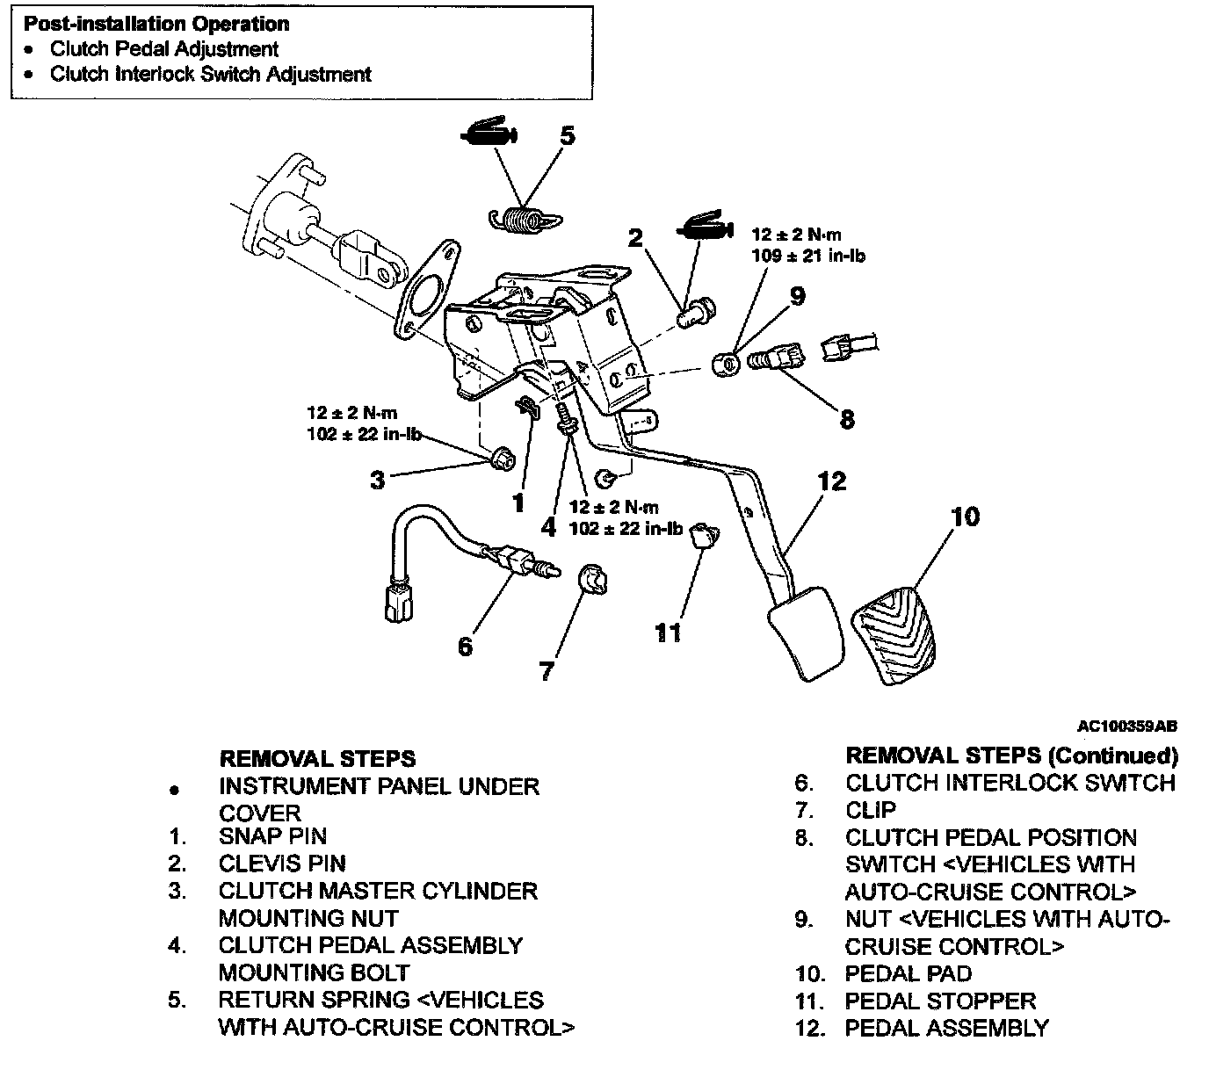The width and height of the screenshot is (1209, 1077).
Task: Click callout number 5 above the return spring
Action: [x=567, y=136]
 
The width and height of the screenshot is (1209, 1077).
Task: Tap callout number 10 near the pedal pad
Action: [x=965, y=516]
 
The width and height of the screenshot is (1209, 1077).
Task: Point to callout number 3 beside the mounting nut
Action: [x=378, y=480]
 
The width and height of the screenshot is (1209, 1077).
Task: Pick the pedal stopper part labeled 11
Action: [x=702, y=534]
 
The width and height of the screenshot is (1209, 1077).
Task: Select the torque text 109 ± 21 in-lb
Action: [x=807, y=256]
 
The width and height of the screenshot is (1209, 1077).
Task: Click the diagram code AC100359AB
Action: [x=1127, y=726]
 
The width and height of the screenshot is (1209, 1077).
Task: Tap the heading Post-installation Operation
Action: [x=156, y=25]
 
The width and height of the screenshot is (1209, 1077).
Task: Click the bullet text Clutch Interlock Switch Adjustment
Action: [x=211, y=75]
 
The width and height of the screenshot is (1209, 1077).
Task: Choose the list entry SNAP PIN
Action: [x=272, y=836]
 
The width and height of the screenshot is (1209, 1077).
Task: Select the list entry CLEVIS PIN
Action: [x=282, y=864]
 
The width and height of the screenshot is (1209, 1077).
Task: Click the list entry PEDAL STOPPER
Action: [x=940, y=1001]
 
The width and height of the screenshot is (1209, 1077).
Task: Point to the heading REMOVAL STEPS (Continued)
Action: [x=1011, y=755]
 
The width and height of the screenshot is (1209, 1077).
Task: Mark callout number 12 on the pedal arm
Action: [x=831, y=481]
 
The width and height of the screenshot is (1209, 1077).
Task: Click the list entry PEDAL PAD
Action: [x=909, y=973]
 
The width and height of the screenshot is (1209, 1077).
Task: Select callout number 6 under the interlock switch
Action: [x=466, y=646]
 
